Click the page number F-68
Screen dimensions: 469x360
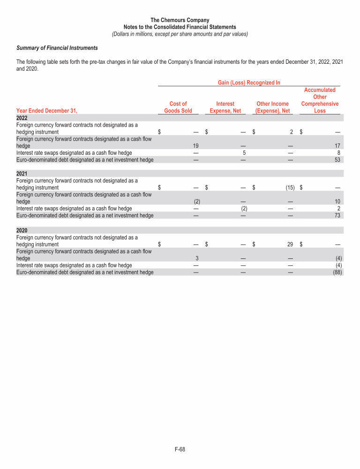pos(180,450)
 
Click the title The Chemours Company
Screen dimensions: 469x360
pos(180,20)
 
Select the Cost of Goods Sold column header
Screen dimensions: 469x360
pos(178,107)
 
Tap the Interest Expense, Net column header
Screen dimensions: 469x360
pos(225,107)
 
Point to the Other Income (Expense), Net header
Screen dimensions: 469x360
pos(272,107)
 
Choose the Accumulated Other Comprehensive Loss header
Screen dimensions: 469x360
pos(320,100)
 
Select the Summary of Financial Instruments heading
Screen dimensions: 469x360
pos(57,48)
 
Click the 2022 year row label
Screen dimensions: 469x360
pos(22,118)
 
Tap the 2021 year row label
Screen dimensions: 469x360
pos(22,173)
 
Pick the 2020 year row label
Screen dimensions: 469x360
pos(22,230)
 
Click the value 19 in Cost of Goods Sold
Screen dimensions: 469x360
pos(196,146)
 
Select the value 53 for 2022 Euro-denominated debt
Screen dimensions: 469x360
pos(337,159)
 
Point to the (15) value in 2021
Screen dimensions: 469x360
pos(289,188)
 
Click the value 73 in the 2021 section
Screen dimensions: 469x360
pos(337,215)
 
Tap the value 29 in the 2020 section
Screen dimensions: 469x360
pos(290,244)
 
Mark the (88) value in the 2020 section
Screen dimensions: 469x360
pos(335,272)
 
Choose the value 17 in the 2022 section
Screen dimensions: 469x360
pos(337,146)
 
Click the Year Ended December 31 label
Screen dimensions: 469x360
pos(46,111)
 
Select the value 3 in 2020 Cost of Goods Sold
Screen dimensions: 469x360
pos(197,258)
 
